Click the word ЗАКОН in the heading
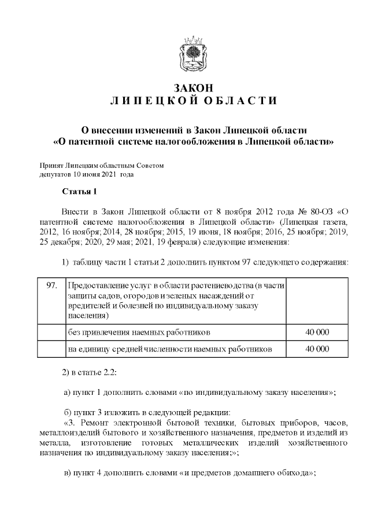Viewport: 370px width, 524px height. pos(194,88)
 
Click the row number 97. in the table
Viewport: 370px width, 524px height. pos(51,286)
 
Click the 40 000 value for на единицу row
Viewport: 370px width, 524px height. pos(317,349)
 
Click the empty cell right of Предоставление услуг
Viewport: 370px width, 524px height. pos(317,301)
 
